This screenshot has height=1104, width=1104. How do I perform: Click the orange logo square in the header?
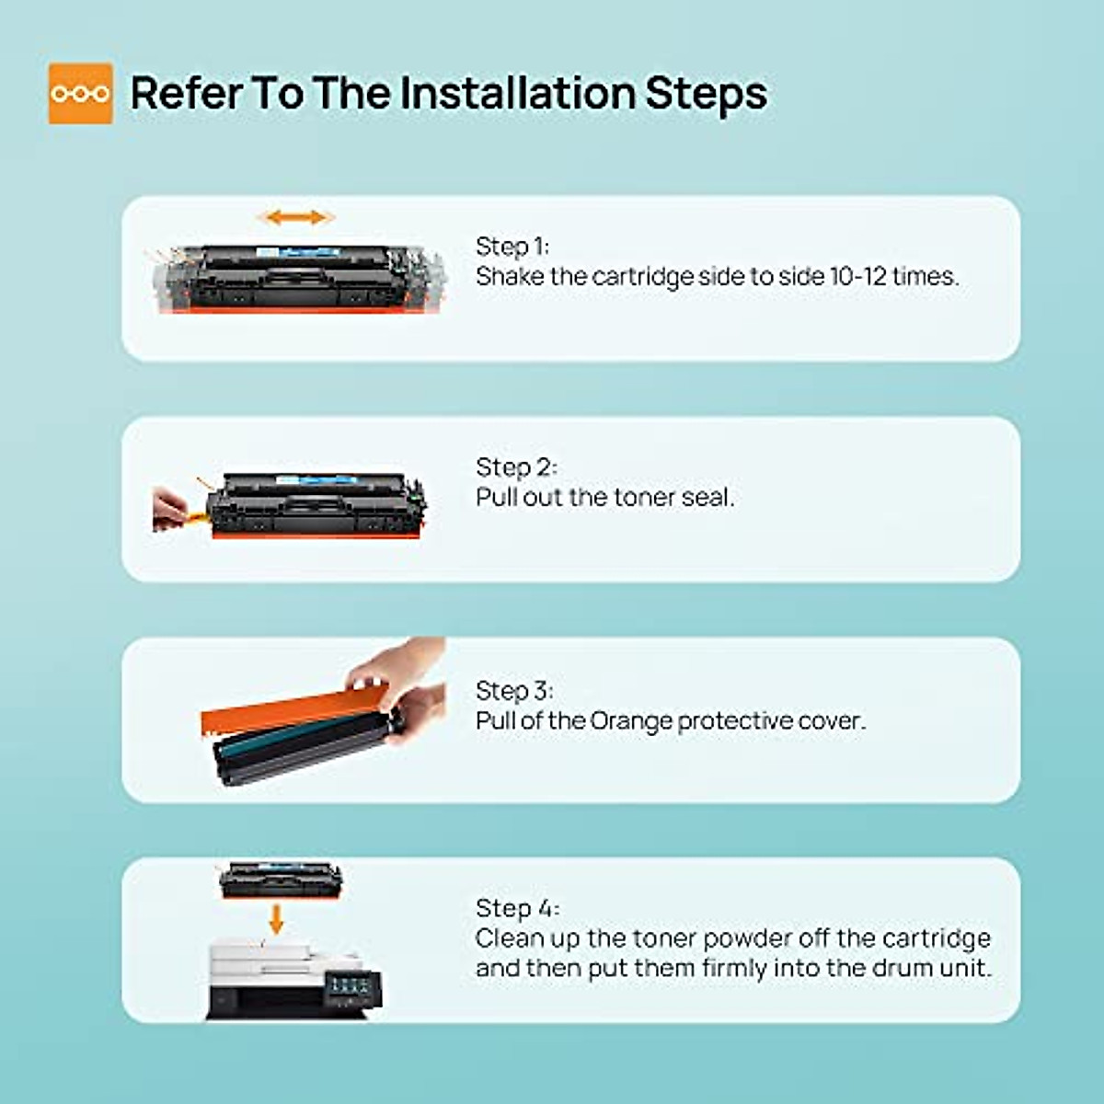tap(80, 94)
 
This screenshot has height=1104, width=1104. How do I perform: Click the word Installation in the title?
tap(517, 93)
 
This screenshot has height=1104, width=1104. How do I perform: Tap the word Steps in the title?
tap(707, 95)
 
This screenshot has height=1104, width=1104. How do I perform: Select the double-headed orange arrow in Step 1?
tap(297, 218)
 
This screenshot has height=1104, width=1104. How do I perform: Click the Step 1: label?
tap(512, 247)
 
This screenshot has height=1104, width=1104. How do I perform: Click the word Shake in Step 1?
tap(510, 277)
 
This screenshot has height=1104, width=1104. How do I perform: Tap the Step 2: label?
tap(516, 467)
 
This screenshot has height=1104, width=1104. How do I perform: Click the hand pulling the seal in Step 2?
tap(170, 510)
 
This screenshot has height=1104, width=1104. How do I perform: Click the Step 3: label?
tap(514, 690)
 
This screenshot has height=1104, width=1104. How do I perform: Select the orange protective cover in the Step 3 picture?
tap(293, 710)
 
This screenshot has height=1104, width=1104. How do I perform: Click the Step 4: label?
tap(517, 908)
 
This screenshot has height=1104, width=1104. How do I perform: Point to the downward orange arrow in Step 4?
tap(276, 919)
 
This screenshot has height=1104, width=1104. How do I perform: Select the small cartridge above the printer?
tap(281, 881)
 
